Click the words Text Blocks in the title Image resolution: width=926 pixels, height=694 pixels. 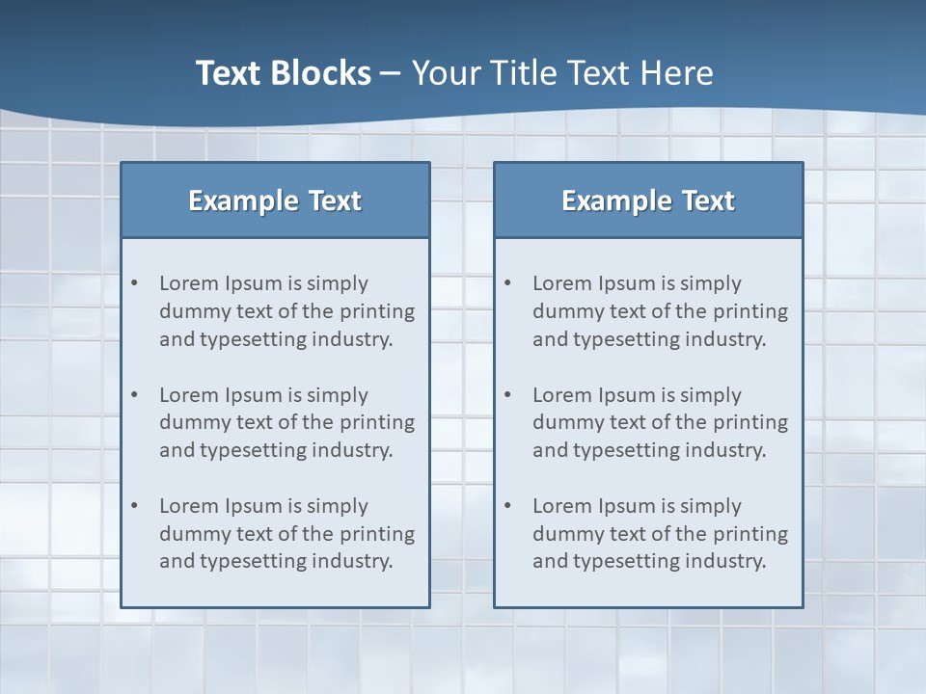click(x=283, y=73)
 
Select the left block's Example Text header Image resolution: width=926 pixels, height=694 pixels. click(x=275, y=200)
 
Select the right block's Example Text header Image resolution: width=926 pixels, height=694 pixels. click(x=648, y=200)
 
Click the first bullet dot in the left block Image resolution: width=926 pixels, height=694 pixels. click(x=135, y=283)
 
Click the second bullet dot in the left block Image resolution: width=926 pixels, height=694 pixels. click(x=135, y=395)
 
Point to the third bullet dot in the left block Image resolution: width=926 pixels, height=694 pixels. click(x=135, y=506)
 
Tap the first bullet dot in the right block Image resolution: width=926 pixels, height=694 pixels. click(x=508, y=283)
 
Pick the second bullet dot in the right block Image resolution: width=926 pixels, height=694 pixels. click(x=508, y=395)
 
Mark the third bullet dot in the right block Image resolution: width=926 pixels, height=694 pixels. click(x=508, y=506)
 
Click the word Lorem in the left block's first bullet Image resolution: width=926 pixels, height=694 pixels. click(x=189, y=283)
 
